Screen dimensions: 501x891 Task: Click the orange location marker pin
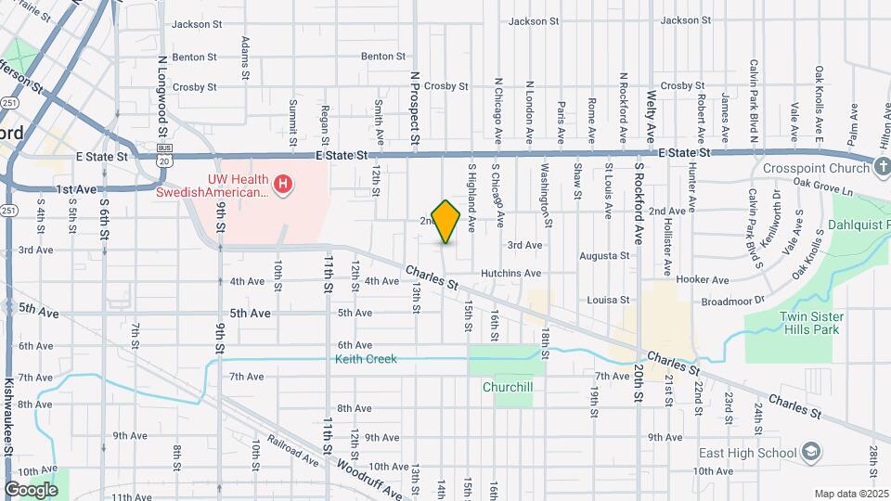(x=446, y=222)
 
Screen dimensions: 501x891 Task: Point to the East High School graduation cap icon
(x=811, y=453)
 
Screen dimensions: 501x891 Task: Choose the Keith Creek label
(x=366, y=359)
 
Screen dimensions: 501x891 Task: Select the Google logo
(x=31, y=489)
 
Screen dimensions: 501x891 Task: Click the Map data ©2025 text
(x=850, y=494)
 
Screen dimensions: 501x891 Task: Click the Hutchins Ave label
(x=510, y=274)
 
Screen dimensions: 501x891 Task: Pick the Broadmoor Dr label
(x=732, y=301)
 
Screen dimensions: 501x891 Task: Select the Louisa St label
(x=608, y=300)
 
